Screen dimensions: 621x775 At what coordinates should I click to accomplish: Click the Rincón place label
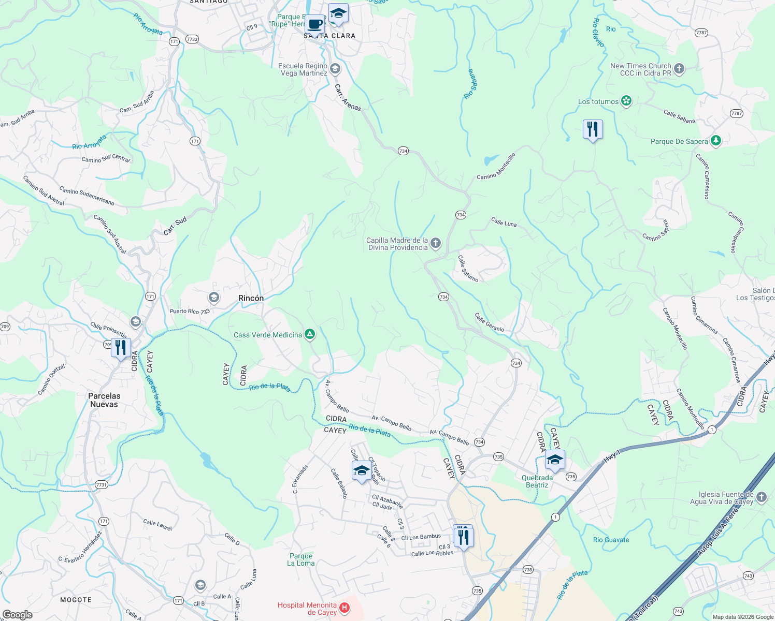click(x=251, y=298)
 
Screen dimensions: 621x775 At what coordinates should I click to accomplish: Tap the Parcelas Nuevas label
click(x=104, y=400)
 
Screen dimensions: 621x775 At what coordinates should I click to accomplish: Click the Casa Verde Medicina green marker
click(x=310, y=335)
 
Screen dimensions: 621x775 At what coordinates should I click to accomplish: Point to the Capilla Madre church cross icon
click(x=436, y=243)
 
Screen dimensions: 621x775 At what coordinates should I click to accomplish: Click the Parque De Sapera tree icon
click(x=716, y=141)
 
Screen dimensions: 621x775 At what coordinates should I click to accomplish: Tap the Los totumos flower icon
click(x=626, y=101)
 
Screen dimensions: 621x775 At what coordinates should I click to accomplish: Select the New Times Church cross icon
click(x=679, y=69)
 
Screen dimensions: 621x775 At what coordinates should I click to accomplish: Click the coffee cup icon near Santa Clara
click(x=314, y=24)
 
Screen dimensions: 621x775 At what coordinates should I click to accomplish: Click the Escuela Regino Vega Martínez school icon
click(x=335, y=69)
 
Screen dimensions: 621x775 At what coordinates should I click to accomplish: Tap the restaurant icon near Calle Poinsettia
click(x=121, y=348)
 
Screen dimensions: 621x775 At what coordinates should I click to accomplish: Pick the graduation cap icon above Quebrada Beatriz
click(x=554, y=460)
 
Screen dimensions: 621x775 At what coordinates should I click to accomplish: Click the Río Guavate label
click(x=611, y=540)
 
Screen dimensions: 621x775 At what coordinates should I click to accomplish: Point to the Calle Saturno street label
click(x=468, y=269)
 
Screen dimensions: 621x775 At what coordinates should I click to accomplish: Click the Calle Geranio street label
click(x=490, y=322)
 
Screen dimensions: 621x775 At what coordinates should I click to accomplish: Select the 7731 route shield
click(x=102, y=485)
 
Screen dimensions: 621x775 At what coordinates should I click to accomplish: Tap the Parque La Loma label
click(x=301, y=559)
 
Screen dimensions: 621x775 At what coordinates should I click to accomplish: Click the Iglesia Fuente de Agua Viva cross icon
click(x=761, y=498)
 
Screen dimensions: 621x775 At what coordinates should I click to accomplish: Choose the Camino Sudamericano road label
click(x=87, y=196)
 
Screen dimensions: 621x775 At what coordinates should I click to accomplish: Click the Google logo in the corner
click(x=17, y=614)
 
